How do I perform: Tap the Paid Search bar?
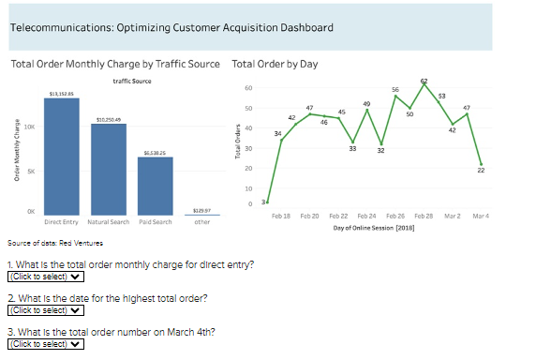tap(156, 187)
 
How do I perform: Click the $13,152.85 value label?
tap(62, 94)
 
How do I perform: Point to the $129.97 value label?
tap(201, 211)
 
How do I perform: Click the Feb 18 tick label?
tap(280, 217)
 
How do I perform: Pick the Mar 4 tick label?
tap(481, 217)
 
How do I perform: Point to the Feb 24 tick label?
tap(366, 217)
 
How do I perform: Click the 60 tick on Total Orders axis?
tap(248, 88)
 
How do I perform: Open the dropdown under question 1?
tap(45, 277)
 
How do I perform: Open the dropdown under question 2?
tap(45, 310)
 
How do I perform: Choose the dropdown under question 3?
tap(45, 344)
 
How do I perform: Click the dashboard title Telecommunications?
tap(171, 27)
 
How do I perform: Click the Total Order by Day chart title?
tap(274, 64)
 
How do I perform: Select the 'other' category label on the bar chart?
tap(201, 222)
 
